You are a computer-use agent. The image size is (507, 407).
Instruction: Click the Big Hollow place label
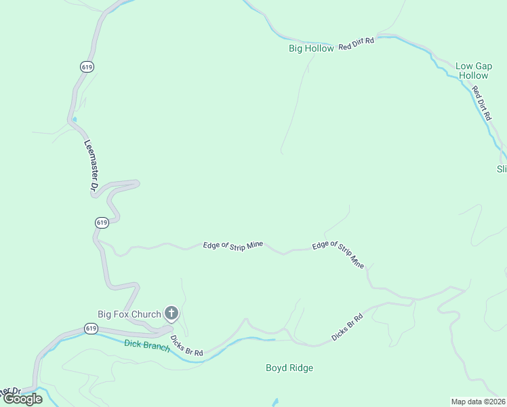click(311, 48)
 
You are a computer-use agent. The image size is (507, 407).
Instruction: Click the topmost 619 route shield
click(86, 66)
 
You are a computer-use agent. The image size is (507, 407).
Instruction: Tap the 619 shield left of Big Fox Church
click(92, 328)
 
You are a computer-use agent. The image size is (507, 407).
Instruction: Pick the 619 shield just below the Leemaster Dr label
click(101, 222)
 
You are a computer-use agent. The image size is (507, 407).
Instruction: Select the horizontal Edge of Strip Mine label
click(232, 245)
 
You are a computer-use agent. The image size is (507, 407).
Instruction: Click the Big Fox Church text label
click(129, 314)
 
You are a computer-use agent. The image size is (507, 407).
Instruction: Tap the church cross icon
click(171, 313)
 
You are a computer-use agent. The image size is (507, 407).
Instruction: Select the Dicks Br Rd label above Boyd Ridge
click(348, 326)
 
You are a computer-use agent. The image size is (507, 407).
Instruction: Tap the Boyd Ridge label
click(289, 368)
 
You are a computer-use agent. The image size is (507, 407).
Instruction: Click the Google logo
click(22, 399)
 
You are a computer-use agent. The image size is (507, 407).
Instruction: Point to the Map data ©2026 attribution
click(479, 402)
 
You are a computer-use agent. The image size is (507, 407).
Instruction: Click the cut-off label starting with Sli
click(502, 169)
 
